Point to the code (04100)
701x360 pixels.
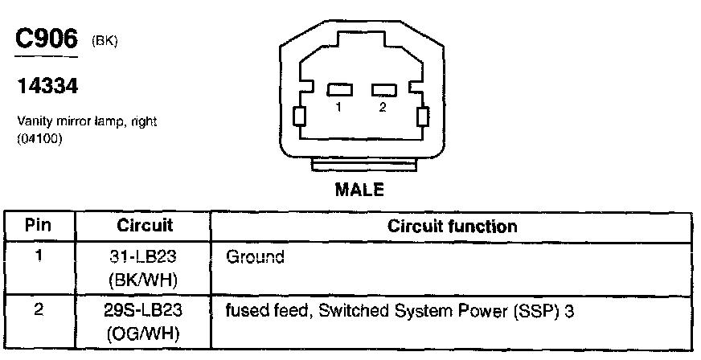pyautogui.click(x=40, y=137)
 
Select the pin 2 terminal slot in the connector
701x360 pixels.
pyautogui.click(x=382, y=91)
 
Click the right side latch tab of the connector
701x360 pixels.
pyautogui.click(x=421, y=117)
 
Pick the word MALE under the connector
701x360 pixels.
pyautogui.click(x=360, y=190)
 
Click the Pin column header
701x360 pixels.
pyautogui.click(x=39, y=226)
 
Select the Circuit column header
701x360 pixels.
pyautogui.click(x=146, y=226)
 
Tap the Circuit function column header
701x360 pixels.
pyautogui.click(x=452, y=226)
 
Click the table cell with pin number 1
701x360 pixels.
pyautogui.click(x=39, y=258)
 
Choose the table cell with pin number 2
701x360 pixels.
pyautogui.click(x=39, y=309)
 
